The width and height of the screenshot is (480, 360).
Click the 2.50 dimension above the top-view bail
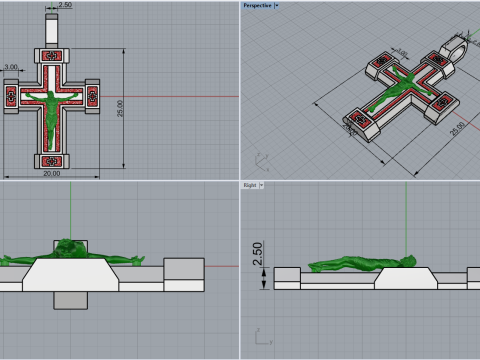point(65,6)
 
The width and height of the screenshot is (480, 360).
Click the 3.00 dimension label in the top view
point(12,68)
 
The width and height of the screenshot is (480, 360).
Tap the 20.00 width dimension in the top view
point(51,173)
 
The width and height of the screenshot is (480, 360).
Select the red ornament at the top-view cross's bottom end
point(50,158)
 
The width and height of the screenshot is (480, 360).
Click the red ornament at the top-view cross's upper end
point(50,59)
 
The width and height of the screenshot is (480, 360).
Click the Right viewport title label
point(249,185)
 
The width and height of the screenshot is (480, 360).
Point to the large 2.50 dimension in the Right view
point(257,258)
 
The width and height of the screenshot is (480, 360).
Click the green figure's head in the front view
point(70,247)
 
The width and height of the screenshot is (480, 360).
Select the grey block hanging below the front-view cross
point(70,299)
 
